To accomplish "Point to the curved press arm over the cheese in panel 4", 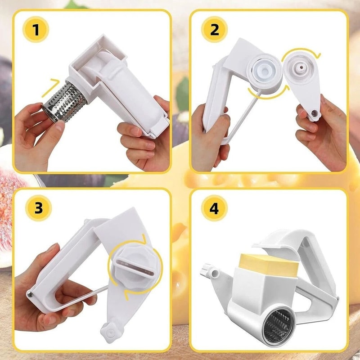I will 288,238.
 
